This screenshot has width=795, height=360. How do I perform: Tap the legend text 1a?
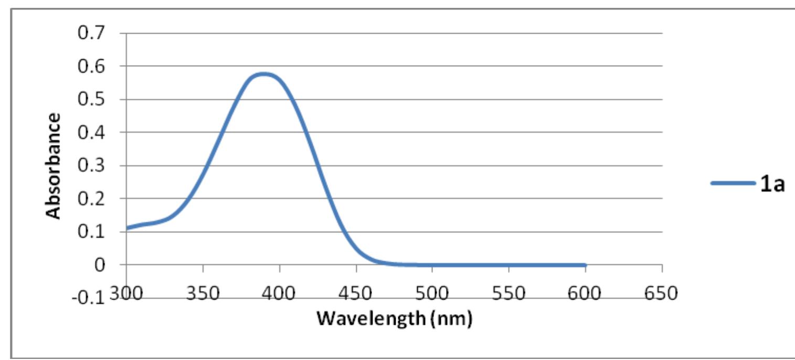click(773, 184)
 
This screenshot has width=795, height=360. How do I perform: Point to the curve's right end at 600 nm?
click(585, 265)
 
